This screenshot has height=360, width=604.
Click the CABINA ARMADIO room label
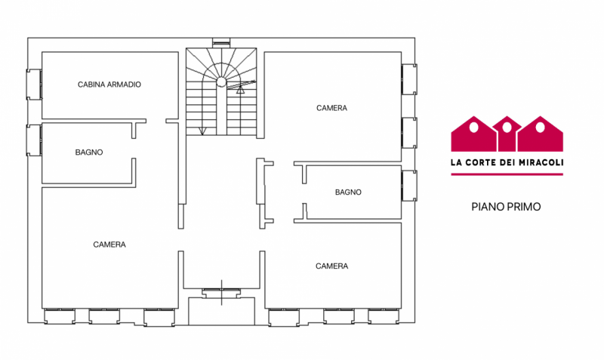point(109,85)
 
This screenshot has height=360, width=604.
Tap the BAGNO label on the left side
point(89,152)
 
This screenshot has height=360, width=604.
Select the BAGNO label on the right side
point(348,192)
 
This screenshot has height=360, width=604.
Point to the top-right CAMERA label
point(331,108)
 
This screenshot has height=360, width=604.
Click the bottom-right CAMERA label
point(331,266)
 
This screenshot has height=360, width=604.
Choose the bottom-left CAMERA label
point(109,245)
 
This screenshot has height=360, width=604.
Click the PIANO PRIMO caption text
point(506,206)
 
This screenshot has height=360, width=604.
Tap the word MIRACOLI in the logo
point(537,162)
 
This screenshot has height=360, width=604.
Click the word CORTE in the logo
point(482,162)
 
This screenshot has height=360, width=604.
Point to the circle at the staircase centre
point(222,82)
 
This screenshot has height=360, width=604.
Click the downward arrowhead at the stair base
point(202,131)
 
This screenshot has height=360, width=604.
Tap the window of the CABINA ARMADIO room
point(34,84)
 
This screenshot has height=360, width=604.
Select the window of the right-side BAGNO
point(409,186)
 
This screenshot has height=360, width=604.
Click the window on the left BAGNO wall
point(34,140)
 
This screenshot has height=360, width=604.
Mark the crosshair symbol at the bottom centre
point(221,291)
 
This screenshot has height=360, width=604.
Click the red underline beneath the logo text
point(507,174)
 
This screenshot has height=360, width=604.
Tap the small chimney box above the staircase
point(221,42)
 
